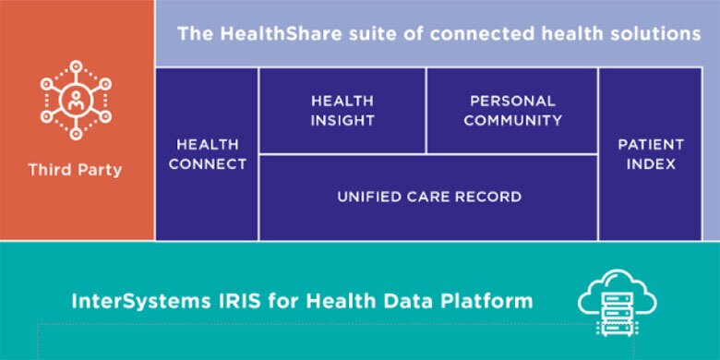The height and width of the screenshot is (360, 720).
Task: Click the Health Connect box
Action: pyautogui.click(x=208, y=154)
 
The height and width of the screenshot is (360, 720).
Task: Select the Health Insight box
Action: pyautogui.click(x=342, y=111)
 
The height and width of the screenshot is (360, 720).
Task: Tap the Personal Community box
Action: pyautogui.click(x=512, y=111)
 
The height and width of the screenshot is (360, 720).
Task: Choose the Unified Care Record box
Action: pyautogui.click(x=428, y=198)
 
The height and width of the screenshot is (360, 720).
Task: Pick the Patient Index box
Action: pyautogui.click(x=651, y=154)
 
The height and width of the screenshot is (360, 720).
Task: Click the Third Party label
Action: pyautogui.click(x=75, y=170)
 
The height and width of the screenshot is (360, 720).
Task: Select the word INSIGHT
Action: pyautogui.click(x=342, y=121)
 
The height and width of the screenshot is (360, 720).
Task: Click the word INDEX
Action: pyautogui.click(x=651, y=164)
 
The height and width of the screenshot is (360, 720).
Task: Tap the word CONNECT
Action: pyautogui.click(x=208, y=164)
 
